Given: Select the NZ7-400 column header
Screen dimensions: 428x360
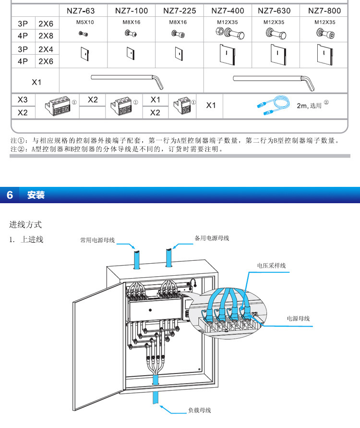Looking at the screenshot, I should coord(228,11).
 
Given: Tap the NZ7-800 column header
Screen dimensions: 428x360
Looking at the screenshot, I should coord(324,11).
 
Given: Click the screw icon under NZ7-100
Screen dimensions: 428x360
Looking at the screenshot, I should coord(131,33).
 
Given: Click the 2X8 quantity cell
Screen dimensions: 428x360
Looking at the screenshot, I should coord(46,36).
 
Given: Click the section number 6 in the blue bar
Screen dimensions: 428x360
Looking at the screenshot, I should coord(10,195).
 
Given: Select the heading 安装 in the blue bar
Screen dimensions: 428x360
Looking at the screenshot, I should coord(36,195).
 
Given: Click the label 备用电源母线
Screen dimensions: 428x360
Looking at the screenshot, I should coord(212,238).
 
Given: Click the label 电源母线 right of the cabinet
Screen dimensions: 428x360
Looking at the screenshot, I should coord(298,318).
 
